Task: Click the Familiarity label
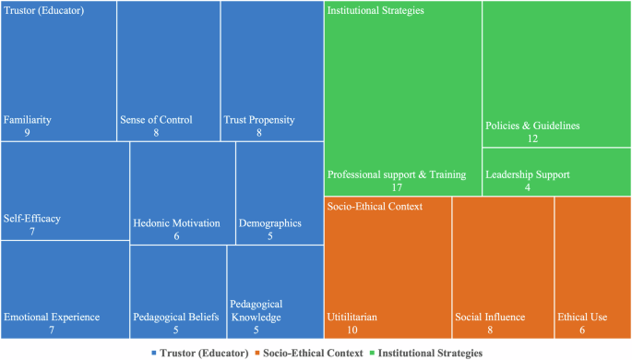point(28,120)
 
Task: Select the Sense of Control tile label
point(156,120)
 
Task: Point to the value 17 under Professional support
point(396,187)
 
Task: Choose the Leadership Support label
point(527,174)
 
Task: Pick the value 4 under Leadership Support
point(527,187)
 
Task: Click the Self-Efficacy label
point(32,219)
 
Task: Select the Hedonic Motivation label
point(176,223)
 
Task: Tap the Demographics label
point(269,223)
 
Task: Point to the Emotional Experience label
point(52,318)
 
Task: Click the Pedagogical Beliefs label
point(175,318)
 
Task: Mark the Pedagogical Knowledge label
point(256,311)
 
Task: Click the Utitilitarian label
point(352,318)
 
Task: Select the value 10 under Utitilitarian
point(352,330)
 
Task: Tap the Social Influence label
point(490,318)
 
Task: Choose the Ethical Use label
point(582,318)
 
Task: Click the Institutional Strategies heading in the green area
point(376,11)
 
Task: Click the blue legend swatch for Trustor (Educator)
point(153,354)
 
